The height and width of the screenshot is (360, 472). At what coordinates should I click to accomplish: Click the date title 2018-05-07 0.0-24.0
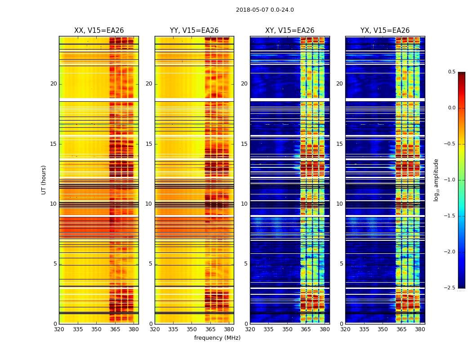click(265, 10)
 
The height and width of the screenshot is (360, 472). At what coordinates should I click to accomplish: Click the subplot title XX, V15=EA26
click(99, 31)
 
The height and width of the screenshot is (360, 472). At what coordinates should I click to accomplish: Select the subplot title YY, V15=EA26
click(194, 31)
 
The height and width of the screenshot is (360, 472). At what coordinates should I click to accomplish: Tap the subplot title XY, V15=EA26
click(289, 31)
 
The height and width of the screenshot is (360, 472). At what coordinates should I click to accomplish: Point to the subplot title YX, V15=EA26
click(385, 31)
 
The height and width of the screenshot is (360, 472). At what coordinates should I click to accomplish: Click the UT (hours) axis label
click(44, 180)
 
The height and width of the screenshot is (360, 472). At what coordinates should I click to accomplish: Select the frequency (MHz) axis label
click(217, 338)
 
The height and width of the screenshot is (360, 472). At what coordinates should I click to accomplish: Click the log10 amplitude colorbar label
click(436, 180)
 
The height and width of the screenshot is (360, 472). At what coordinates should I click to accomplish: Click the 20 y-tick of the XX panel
click(53, 84)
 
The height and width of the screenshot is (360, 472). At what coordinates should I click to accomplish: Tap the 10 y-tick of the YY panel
click(149, 204)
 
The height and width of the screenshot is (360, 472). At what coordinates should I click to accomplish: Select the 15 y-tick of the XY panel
click(244, 144)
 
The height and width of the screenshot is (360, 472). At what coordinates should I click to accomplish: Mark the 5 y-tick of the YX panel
click(341, 264)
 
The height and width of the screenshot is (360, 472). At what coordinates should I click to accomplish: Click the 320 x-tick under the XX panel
click(59, 329)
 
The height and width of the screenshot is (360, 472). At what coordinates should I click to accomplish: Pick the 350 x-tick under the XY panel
click(287, 329)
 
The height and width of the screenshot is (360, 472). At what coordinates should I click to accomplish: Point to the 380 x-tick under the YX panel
click(420, 329)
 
